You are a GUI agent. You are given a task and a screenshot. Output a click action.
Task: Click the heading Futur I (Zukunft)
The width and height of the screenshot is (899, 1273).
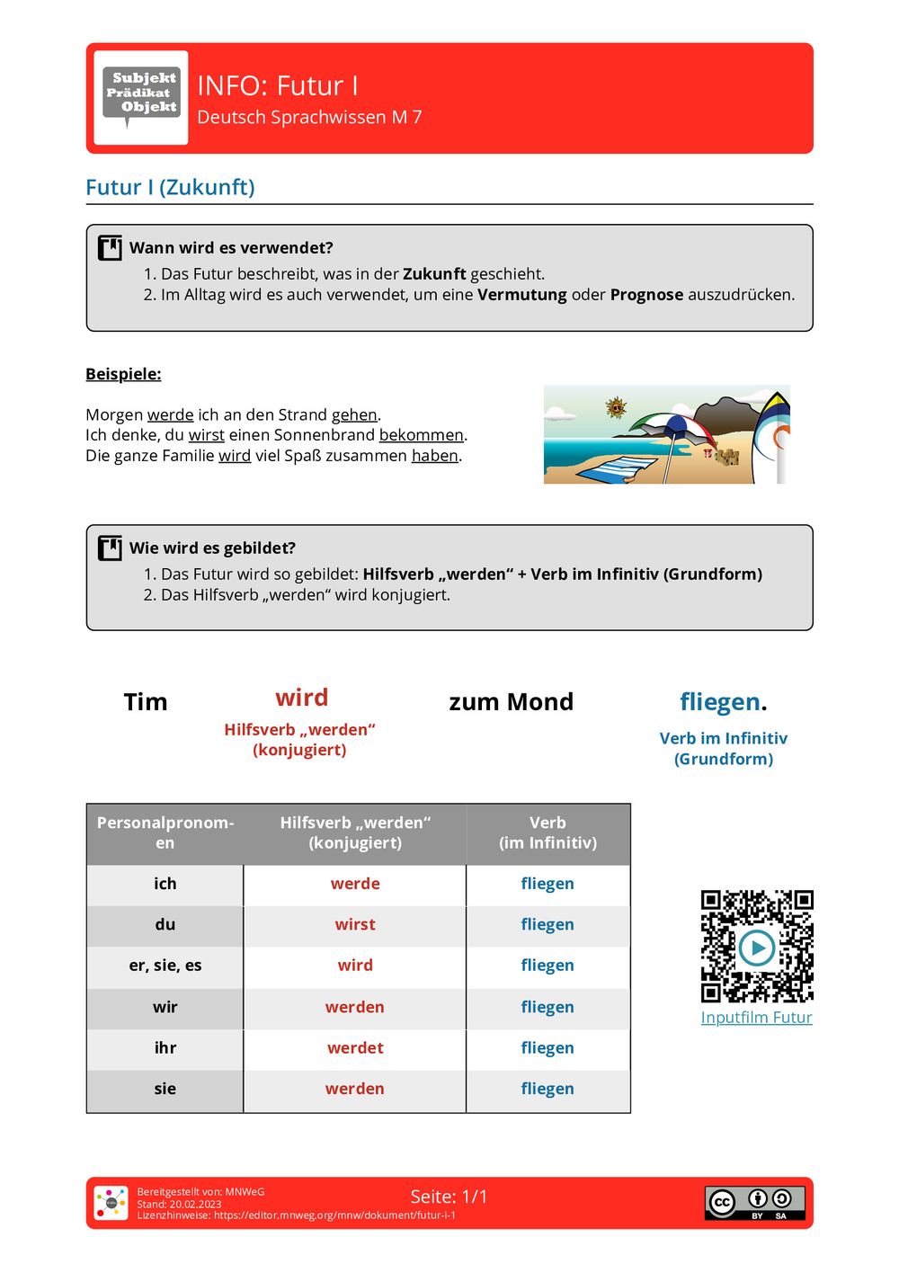point(170,187)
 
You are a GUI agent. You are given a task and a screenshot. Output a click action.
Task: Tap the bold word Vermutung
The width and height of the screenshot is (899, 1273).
point(521,295)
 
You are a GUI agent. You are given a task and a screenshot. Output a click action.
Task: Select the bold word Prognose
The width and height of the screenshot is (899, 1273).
point(646,295)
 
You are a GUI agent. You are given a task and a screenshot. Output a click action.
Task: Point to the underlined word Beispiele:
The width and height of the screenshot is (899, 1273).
point(123,374)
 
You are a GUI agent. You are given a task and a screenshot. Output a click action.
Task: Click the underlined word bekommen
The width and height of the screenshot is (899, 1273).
point(421,435)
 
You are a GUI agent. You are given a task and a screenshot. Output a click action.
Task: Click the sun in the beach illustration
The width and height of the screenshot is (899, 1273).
point(616,408)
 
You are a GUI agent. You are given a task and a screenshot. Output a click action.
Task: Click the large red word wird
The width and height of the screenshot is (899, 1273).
point(302,698)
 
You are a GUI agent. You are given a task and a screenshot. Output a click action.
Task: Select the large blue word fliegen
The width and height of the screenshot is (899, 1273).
point(720,702)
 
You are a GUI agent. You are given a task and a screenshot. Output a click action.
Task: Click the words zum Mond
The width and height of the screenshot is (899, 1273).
point(511,702)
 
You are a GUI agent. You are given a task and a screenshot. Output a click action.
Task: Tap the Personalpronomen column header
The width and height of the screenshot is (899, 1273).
point(165,832)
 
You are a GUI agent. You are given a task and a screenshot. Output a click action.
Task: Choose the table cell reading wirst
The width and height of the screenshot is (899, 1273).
point(355,924)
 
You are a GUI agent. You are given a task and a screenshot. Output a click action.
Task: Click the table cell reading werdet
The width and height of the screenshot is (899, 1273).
point(355,1047)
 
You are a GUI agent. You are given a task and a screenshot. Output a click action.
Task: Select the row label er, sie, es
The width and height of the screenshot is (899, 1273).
point(165,966)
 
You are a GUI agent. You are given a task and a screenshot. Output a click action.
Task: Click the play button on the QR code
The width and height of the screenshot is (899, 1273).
point(756,947)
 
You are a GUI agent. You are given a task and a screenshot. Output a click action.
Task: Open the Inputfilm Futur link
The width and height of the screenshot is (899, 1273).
point(756,1018)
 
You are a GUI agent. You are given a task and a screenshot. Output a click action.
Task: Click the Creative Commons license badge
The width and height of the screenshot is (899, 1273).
point(754,1203)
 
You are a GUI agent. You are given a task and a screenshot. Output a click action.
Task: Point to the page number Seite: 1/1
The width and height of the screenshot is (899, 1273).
point(449,1197)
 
